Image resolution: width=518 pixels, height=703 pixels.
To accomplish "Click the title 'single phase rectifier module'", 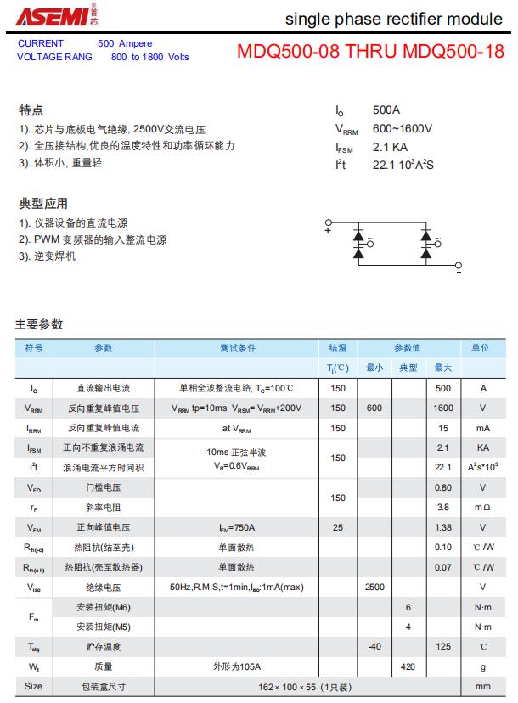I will (x=393, y=19).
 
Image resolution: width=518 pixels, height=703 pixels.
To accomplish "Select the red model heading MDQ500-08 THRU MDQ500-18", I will (x=370, y=51).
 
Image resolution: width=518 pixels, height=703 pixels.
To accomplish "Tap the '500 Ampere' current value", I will (x=125, y=43).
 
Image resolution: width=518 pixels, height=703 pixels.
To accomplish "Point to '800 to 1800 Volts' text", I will (x=149, y=57).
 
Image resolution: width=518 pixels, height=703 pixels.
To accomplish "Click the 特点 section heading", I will (x=31, y=110).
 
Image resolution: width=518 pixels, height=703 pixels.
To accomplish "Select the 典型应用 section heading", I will (x=42, y=204).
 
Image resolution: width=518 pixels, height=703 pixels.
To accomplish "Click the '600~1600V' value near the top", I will (x=403, y=129).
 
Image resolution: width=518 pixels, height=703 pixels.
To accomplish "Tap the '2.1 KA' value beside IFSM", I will (x=390, y=147).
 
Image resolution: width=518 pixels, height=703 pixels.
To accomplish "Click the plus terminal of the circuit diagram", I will (x=328, y=229).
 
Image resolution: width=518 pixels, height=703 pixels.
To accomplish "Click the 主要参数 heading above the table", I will (x=38, y=324).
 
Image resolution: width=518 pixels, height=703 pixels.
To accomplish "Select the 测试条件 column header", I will (x=237, y=348).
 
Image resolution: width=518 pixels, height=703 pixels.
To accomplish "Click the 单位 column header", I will (x=481, y=348).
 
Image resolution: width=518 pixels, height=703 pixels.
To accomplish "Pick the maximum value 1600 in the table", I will (x=442, y=408).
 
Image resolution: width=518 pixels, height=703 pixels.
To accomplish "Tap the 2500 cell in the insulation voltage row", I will (x=374, y=587).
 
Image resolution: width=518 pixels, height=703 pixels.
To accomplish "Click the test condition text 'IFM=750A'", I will (x=237, y=527).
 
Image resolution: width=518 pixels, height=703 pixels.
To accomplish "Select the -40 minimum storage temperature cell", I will (x=374, y=647).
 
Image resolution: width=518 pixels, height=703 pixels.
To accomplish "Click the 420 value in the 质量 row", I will (x=408, y=667).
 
